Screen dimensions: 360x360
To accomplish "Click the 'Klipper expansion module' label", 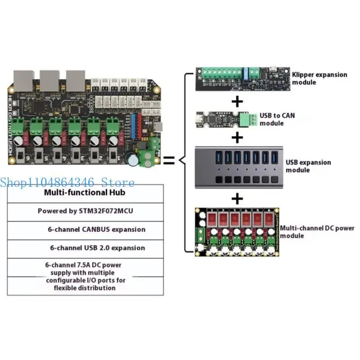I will (319, 78).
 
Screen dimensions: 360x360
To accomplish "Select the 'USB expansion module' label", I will (308, 166).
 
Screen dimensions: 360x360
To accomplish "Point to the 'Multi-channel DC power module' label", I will (317, 232).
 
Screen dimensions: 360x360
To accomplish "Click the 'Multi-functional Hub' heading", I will (85, 193).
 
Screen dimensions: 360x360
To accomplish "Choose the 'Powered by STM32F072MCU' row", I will (85, 211).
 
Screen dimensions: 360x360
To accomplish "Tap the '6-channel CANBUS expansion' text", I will (97, 229).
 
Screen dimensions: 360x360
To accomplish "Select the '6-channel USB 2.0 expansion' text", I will (97, 247).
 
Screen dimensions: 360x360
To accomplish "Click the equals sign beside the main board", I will (168, 160).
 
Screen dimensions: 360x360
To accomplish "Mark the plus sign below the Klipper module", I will (237, 101).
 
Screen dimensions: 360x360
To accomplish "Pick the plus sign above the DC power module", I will (237, 198).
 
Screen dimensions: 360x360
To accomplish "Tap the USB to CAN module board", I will (223, 119).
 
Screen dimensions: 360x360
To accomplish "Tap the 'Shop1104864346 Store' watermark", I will (67, 183).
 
